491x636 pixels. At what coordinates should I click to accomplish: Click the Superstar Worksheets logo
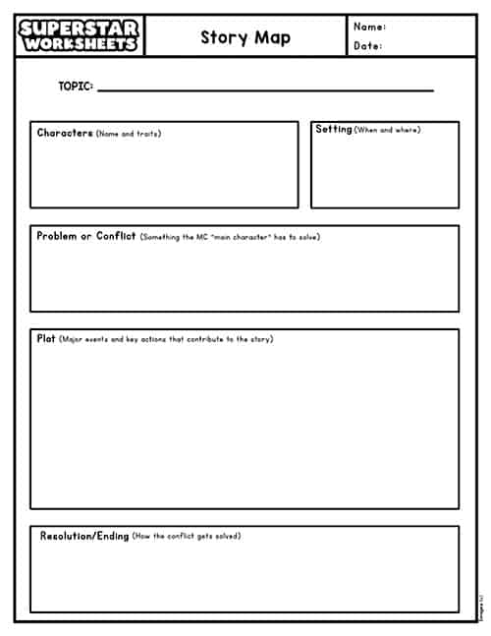tap(80, 36)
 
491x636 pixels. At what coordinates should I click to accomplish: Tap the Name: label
tap(369, 27)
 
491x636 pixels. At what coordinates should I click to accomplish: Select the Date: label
tap(367, 45)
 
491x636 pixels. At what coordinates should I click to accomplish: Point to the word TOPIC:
tap(76, 87)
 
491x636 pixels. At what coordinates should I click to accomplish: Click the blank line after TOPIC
tap(265, 89)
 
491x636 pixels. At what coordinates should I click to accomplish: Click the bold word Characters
tap(65, 133)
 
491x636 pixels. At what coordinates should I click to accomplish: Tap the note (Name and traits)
tap(129, 134)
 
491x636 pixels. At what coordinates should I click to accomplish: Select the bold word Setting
tap(334, 129)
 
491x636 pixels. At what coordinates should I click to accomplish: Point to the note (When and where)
tap(387, 130)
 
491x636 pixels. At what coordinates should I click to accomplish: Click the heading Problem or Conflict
tap(86, 236)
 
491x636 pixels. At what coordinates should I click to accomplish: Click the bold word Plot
tap(46, 338)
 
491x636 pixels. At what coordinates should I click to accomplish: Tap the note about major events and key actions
tap(166, 339)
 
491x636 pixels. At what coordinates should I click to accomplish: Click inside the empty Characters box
tap(164, 174)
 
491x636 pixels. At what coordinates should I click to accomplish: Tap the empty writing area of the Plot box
tap(244, 428)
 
